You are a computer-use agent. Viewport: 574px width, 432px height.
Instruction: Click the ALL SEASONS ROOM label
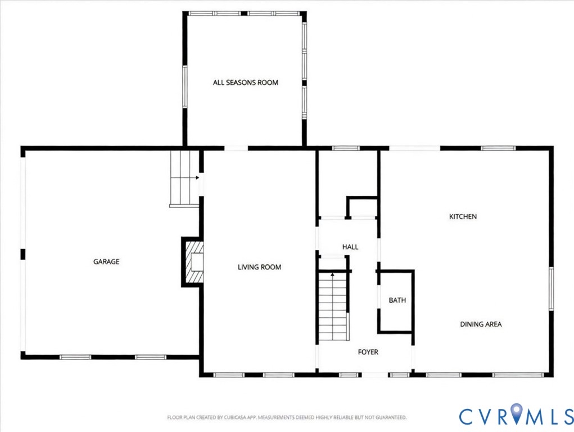245,83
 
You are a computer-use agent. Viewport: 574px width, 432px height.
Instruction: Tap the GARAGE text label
106,262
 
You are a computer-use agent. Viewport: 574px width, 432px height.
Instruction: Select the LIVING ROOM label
259,267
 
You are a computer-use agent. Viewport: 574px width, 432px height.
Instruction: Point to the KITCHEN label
463,217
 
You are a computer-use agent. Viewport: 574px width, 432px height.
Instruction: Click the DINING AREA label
481,325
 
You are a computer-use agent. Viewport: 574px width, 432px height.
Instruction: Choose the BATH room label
397,300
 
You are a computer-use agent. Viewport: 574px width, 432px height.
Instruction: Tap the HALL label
350,247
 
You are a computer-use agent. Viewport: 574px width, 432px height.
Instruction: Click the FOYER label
368,352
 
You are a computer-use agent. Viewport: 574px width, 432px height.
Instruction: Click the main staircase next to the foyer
333,307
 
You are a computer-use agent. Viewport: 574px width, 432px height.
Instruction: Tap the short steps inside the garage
184,178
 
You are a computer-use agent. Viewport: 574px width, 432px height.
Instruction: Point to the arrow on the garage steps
197,178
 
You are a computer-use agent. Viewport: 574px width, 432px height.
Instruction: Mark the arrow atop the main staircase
333,275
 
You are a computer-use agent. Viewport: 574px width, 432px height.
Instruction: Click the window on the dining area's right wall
552,289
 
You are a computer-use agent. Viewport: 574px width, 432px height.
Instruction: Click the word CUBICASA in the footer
227,417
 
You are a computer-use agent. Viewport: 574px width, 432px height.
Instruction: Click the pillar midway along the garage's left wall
23,254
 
